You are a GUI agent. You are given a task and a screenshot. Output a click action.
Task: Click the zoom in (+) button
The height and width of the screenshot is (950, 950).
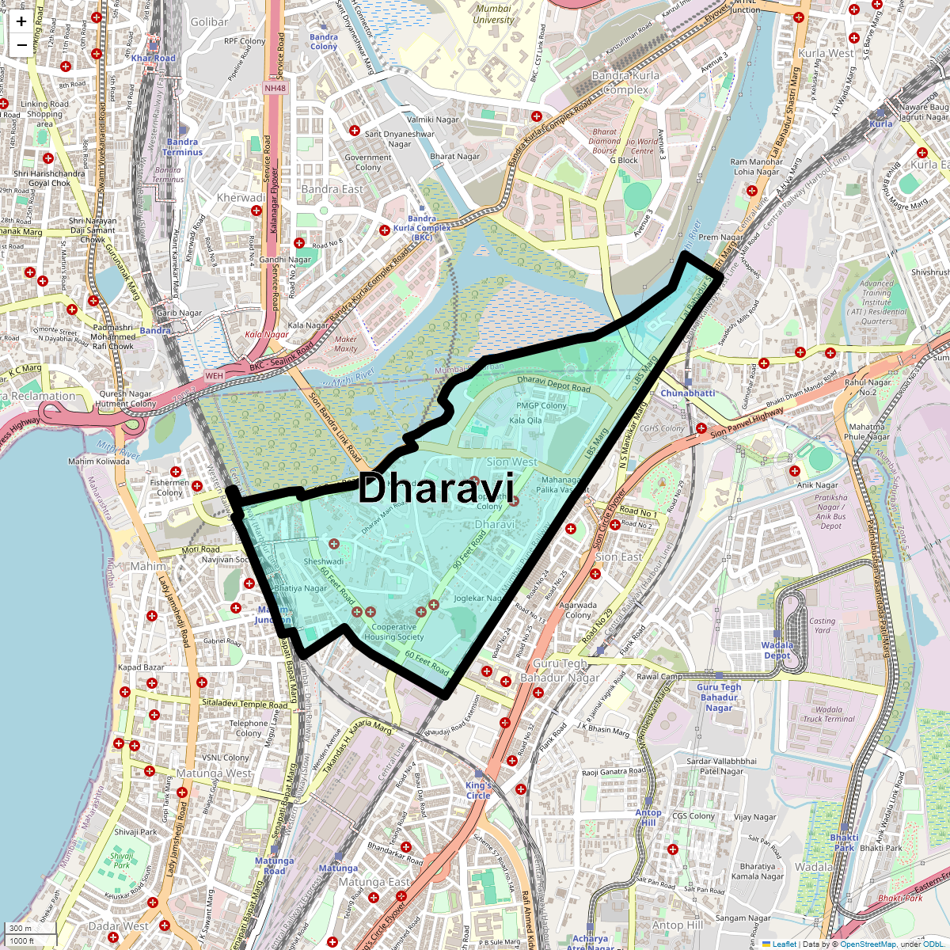tap(21, 21)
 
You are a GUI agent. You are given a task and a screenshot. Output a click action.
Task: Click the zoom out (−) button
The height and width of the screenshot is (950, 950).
tap(21, 45)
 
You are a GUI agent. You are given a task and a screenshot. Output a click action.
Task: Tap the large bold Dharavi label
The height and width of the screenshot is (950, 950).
tap(436, 488)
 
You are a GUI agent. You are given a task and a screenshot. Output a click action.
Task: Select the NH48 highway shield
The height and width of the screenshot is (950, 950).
tap(275, 88)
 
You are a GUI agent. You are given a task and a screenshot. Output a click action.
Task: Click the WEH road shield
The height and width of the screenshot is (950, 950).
tap(215, 376)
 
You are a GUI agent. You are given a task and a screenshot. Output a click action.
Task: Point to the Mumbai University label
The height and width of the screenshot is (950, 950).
tap(493, 14)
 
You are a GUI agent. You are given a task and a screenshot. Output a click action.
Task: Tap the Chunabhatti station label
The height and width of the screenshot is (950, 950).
tap(687, 393)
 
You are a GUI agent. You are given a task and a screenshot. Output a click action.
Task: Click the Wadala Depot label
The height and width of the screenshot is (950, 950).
tap(777, 650)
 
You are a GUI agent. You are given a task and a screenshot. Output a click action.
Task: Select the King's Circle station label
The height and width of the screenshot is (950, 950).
tap(478, 790)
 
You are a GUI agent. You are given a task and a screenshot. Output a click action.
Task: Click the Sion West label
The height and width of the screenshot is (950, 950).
tap(511, 462)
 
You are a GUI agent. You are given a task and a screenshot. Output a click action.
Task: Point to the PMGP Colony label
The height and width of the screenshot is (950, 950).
tap(541, 405)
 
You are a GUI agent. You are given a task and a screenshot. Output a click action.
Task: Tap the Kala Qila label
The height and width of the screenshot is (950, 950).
tap(526, 420)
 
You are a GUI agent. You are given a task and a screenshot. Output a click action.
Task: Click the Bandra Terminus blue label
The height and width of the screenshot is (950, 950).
tap(183, 147)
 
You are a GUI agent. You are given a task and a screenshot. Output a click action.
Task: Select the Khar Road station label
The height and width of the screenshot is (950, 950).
tap(154, 59)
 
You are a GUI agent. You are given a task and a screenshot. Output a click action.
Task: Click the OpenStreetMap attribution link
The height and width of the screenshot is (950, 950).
tap(868, 944)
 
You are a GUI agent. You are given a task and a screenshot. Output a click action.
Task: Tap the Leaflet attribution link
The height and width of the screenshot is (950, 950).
tap(785, 944)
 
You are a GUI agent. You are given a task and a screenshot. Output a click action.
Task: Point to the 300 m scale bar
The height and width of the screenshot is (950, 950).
tap(30, 929)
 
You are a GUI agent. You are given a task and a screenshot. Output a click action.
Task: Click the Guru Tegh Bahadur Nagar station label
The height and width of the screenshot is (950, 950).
tap(719, 697)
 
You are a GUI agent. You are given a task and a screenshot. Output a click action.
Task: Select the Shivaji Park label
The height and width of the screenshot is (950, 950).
tap(136, 832)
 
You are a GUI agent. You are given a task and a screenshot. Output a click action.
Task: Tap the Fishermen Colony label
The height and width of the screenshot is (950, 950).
tap(169, 488)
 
